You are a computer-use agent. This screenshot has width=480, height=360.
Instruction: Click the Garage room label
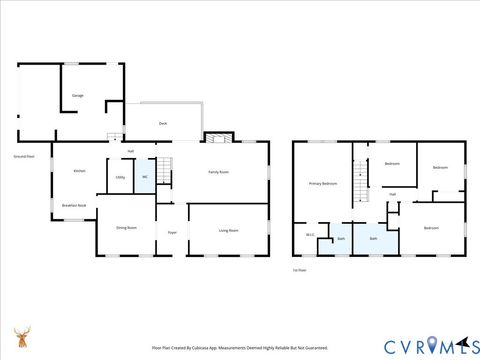click(77, 95)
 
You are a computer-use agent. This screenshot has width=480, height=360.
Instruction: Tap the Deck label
click(163, 123)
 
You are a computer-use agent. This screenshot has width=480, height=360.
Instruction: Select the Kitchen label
click(79, 171)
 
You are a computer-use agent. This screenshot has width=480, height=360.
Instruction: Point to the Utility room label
click(120, 177)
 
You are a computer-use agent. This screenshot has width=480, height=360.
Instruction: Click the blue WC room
click(145, 176)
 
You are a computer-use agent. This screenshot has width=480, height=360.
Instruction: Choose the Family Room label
click(218, 172)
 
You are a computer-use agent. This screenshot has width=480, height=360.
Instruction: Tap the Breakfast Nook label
click(74, 205)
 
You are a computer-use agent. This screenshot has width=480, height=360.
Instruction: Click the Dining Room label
click(126, 228)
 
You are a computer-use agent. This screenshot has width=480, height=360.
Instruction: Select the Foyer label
click(172, 232)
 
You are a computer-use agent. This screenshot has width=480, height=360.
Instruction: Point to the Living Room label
click(228, 230)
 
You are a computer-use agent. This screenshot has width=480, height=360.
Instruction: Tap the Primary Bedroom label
click(322, 184)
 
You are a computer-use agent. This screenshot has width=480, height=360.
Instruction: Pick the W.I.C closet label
click(310, 236)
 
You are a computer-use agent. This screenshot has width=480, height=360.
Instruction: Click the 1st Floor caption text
click(298, 270)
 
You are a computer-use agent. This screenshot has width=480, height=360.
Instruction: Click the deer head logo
click(21, 337)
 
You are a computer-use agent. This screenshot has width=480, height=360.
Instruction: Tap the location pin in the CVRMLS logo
click(432, 346)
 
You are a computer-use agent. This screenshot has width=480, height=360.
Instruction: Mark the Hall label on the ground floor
click(130, 150)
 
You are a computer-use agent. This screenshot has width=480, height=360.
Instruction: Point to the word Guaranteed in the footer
click(313, 348)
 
